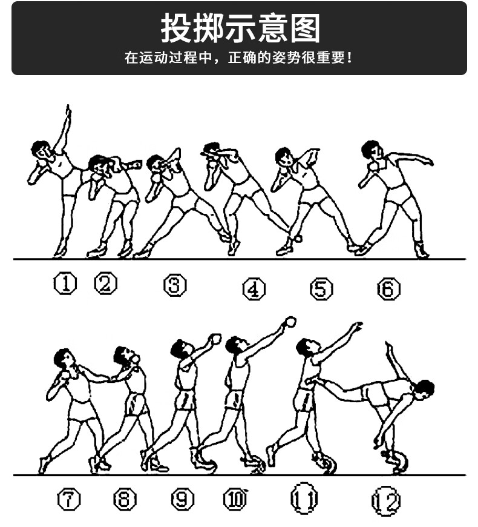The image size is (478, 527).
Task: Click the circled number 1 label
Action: (x=65, y=283)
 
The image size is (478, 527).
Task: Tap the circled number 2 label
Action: (x=106, y=283)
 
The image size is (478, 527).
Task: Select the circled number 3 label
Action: (x=175, y=285)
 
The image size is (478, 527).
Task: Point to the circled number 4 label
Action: (x=254, y=289)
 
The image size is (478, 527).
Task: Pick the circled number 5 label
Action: (x=321, y=289)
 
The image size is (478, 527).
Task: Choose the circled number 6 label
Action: (x=388, y=289)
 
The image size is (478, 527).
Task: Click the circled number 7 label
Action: (x=69, y=499)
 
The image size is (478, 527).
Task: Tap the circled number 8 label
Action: (x=125, y=499)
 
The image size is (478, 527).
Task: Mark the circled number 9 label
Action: (x=183, y=499)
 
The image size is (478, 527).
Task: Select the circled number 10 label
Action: (x=236, y=499)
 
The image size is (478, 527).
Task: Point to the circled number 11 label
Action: (x=304, y=499)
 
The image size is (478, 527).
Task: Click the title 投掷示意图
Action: (x=240, y=28)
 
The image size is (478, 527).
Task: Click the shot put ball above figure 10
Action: (x=290, y=322)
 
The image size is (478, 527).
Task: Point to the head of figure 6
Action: (x=370, y=149)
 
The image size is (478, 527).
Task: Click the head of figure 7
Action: (x=62, y=357)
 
